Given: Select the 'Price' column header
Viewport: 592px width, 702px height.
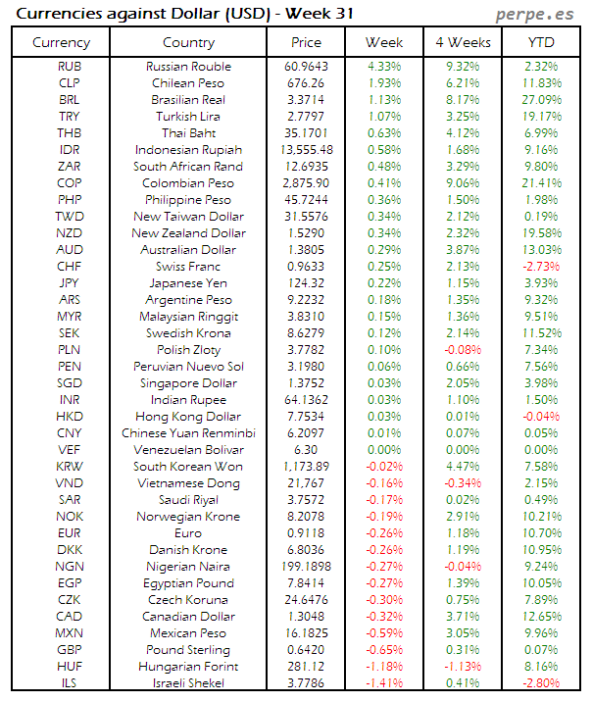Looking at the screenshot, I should [x=306, y=42].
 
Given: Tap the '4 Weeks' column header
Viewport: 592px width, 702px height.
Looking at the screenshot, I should [x=462, y=42].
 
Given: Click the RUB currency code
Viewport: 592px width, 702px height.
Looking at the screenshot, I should [x=70, y=67].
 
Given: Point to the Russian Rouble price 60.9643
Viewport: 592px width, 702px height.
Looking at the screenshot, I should [x=308, y=67].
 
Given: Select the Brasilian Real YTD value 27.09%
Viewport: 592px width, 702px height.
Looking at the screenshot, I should [x=542, y=100].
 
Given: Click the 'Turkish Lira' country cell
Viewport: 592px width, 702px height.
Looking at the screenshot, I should [x=189, y=117].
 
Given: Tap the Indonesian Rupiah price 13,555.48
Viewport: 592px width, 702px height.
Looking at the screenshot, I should [x=306, y=150].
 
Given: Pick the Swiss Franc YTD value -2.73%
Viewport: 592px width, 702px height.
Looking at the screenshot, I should [x=542, y=267].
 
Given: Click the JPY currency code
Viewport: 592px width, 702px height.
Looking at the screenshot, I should [x=70, y=283].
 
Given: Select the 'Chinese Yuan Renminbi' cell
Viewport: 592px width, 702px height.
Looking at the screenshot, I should [x=188, y=433].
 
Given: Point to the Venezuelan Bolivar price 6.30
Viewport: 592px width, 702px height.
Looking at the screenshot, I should [x=308, y=450].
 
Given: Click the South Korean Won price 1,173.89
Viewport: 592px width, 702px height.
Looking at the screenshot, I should [x=307, y=467].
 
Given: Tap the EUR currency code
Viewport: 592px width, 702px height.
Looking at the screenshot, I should [x=70, y=533].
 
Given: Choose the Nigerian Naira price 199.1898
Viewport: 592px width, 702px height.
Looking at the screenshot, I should [x=307, y=567].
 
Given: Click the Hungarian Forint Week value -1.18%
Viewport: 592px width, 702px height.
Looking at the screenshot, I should [x=383, y=667].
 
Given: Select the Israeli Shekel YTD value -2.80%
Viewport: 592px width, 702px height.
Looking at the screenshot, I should [x=542, y=683].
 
